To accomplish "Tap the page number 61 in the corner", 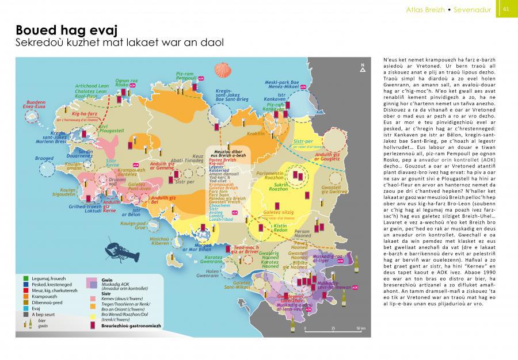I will pos(506,9).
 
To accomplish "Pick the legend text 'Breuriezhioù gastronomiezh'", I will pos(130,327).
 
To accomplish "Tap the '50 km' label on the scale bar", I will pos(360,329).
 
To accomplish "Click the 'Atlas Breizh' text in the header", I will pos(435,9).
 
